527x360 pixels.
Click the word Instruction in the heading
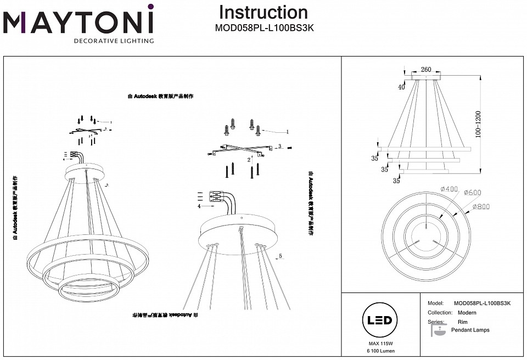click(x=263, y=12)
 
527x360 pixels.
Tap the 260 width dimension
click(x=426, y=70)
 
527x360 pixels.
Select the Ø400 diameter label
click(x=448, y=189)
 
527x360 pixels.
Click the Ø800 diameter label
click(x=481, y=207)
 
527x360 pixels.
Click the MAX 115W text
click(x=376, y=343)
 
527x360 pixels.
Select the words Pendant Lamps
click(x=470, y=330)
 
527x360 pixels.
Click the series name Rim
click(x=462, y=322)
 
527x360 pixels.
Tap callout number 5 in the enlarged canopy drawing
click(x=280, y=256)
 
